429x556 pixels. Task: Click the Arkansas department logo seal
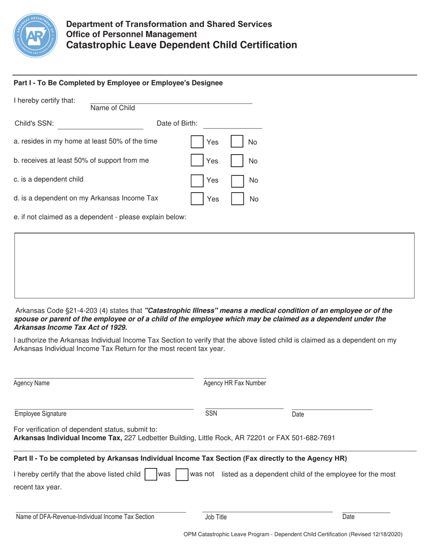coord(35,35)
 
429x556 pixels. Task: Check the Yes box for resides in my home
coord(197,142)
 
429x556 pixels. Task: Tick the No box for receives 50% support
coord(238,161)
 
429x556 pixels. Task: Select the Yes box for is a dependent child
coord(197,180)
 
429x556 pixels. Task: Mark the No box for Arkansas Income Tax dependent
coord(238,199)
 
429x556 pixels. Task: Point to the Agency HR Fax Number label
coord(234,383)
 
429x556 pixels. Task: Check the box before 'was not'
coord(182,475)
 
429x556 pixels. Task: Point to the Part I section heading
coord(118,83)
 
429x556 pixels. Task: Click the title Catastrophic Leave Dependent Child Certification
coord(182,45)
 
